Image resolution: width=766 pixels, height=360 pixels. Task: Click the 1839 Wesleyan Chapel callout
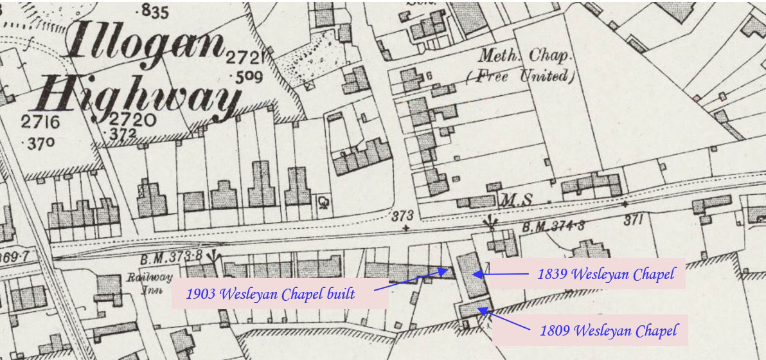click(607, 274)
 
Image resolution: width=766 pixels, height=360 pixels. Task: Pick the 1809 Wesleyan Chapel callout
click(608, 331)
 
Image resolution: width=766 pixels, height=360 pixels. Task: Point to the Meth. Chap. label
click(524, 56)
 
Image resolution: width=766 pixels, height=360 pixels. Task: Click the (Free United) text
click(519, 76)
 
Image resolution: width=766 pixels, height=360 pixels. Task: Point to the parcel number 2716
click(40, 122)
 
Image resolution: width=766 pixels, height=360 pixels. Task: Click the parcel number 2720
click(132, 120)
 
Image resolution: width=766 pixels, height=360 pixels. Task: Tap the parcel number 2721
click(245, 59)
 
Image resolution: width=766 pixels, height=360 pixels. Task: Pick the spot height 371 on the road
click(633, 220)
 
